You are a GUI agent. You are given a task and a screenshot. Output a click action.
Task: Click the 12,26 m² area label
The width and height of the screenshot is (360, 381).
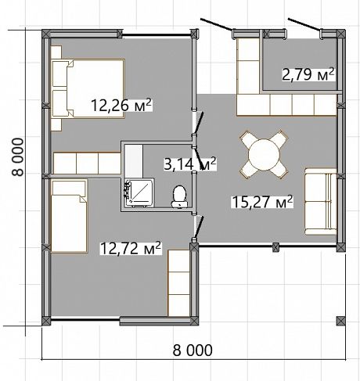tap(121, 105)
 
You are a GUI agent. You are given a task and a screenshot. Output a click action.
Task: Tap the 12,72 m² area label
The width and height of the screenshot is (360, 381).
tap(131, 248)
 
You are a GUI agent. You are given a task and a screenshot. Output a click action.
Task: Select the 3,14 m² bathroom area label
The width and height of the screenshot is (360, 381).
tap(189, 164)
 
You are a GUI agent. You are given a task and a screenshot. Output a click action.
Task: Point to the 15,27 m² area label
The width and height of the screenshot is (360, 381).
tap(262, 202)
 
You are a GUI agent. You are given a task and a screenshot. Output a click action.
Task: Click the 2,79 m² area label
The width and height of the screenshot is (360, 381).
tap(308, 74)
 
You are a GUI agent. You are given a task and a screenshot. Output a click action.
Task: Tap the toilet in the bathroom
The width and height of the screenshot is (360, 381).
tap(179, 197)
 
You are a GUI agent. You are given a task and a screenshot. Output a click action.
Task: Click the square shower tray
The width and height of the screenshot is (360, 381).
tap(139, 192)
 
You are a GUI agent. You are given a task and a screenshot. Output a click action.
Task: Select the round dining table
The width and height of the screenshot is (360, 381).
tap(264, 155)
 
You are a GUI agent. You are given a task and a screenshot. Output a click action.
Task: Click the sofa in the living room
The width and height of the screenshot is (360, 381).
tap(321, 202)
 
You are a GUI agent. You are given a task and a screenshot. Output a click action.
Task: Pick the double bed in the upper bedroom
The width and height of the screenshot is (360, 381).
tap(88, 88)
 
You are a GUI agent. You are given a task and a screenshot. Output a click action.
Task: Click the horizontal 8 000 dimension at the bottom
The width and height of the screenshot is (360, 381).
tap(193, 350)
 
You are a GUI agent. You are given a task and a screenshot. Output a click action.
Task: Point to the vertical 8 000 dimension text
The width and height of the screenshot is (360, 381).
tap(18, 157)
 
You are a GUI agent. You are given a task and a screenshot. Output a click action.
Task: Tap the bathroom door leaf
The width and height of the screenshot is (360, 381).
tap(200, 160)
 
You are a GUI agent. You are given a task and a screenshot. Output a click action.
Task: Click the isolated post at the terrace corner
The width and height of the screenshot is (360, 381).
tap(340, 321)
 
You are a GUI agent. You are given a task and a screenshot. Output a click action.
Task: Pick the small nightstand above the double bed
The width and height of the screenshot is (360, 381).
tap(56, 52)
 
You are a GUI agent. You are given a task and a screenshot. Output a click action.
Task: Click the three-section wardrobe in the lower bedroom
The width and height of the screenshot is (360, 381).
tap(178, 283)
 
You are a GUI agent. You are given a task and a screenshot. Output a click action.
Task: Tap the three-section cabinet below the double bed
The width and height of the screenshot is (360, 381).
tap(87, 164)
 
